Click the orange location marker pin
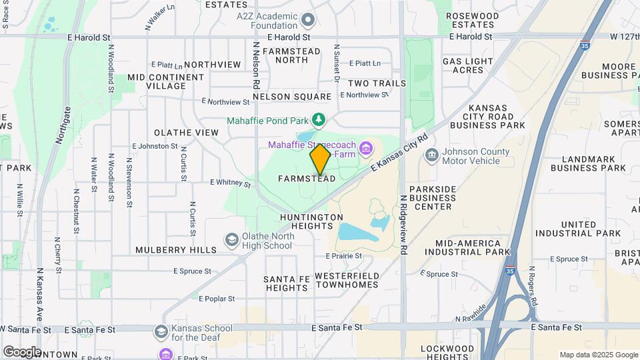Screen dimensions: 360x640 [x=320, y=159]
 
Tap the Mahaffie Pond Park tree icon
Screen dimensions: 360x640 [x=319, y=120]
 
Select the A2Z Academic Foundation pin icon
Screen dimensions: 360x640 [x=308, y=21]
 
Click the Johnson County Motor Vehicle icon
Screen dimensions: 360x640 [x=432, y=155]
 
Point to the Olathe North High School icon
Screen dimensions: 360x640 [x=232, y=240]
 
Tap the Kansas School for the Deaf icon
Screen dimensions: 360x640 [x=161, y=331]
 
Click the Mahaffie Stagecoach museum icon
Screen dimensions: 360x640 [x=365, y=147]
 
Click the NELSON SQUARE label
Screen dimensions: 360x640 [x=292, y=97]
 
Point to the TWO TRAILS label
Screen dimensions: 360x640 [x=377, y=83]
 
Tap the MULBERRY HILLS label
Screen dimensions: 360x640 [x=176, y=250]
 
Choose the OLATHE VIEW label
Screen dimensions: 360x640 [x=186, y=133]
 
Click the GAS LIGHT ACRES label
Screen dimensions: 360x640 [x=467, y=65]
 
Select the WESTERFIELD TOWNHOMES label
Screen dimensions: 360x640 [x=347, y=280]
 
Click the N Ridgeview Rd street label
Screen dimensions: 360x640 [x=403, y=225]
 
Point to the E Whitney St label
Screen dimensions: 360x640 [x=230, y=183]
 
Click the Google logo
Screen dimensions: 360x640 [x=22, y=351]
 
